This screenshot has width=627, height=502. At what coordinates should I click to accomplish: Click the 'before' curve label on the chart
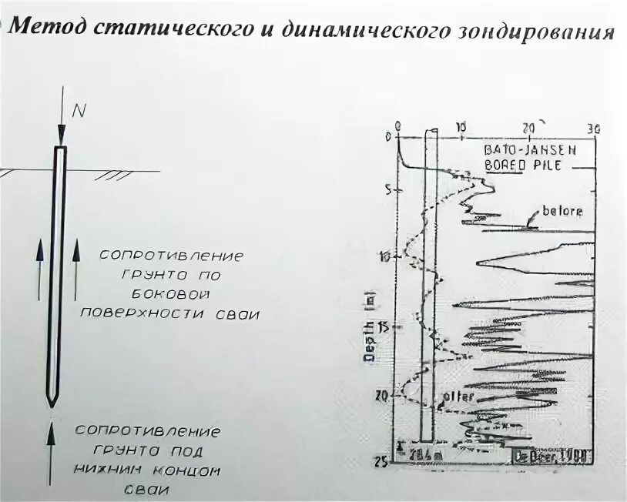point(562,211)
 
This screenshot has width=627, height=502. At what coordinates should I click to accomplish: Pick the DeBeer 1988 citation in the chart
point(552,456)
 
